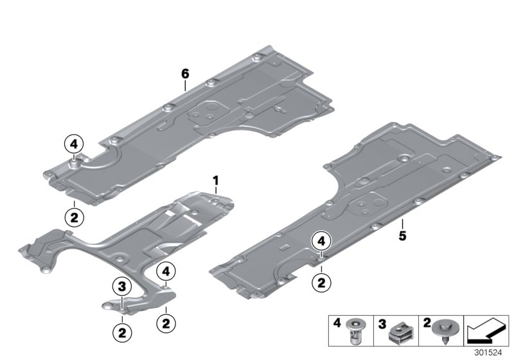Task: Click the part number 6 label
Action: pyautogui.click(x=185, y=75)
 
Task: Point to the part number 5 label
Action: pyautogui.click(x=402, y=237)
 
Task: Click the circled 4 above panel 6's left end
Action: pyautogui.click(x=74, y=143)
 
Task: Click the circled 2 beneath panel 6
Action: pyautogui.click(x=74, y=218)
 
